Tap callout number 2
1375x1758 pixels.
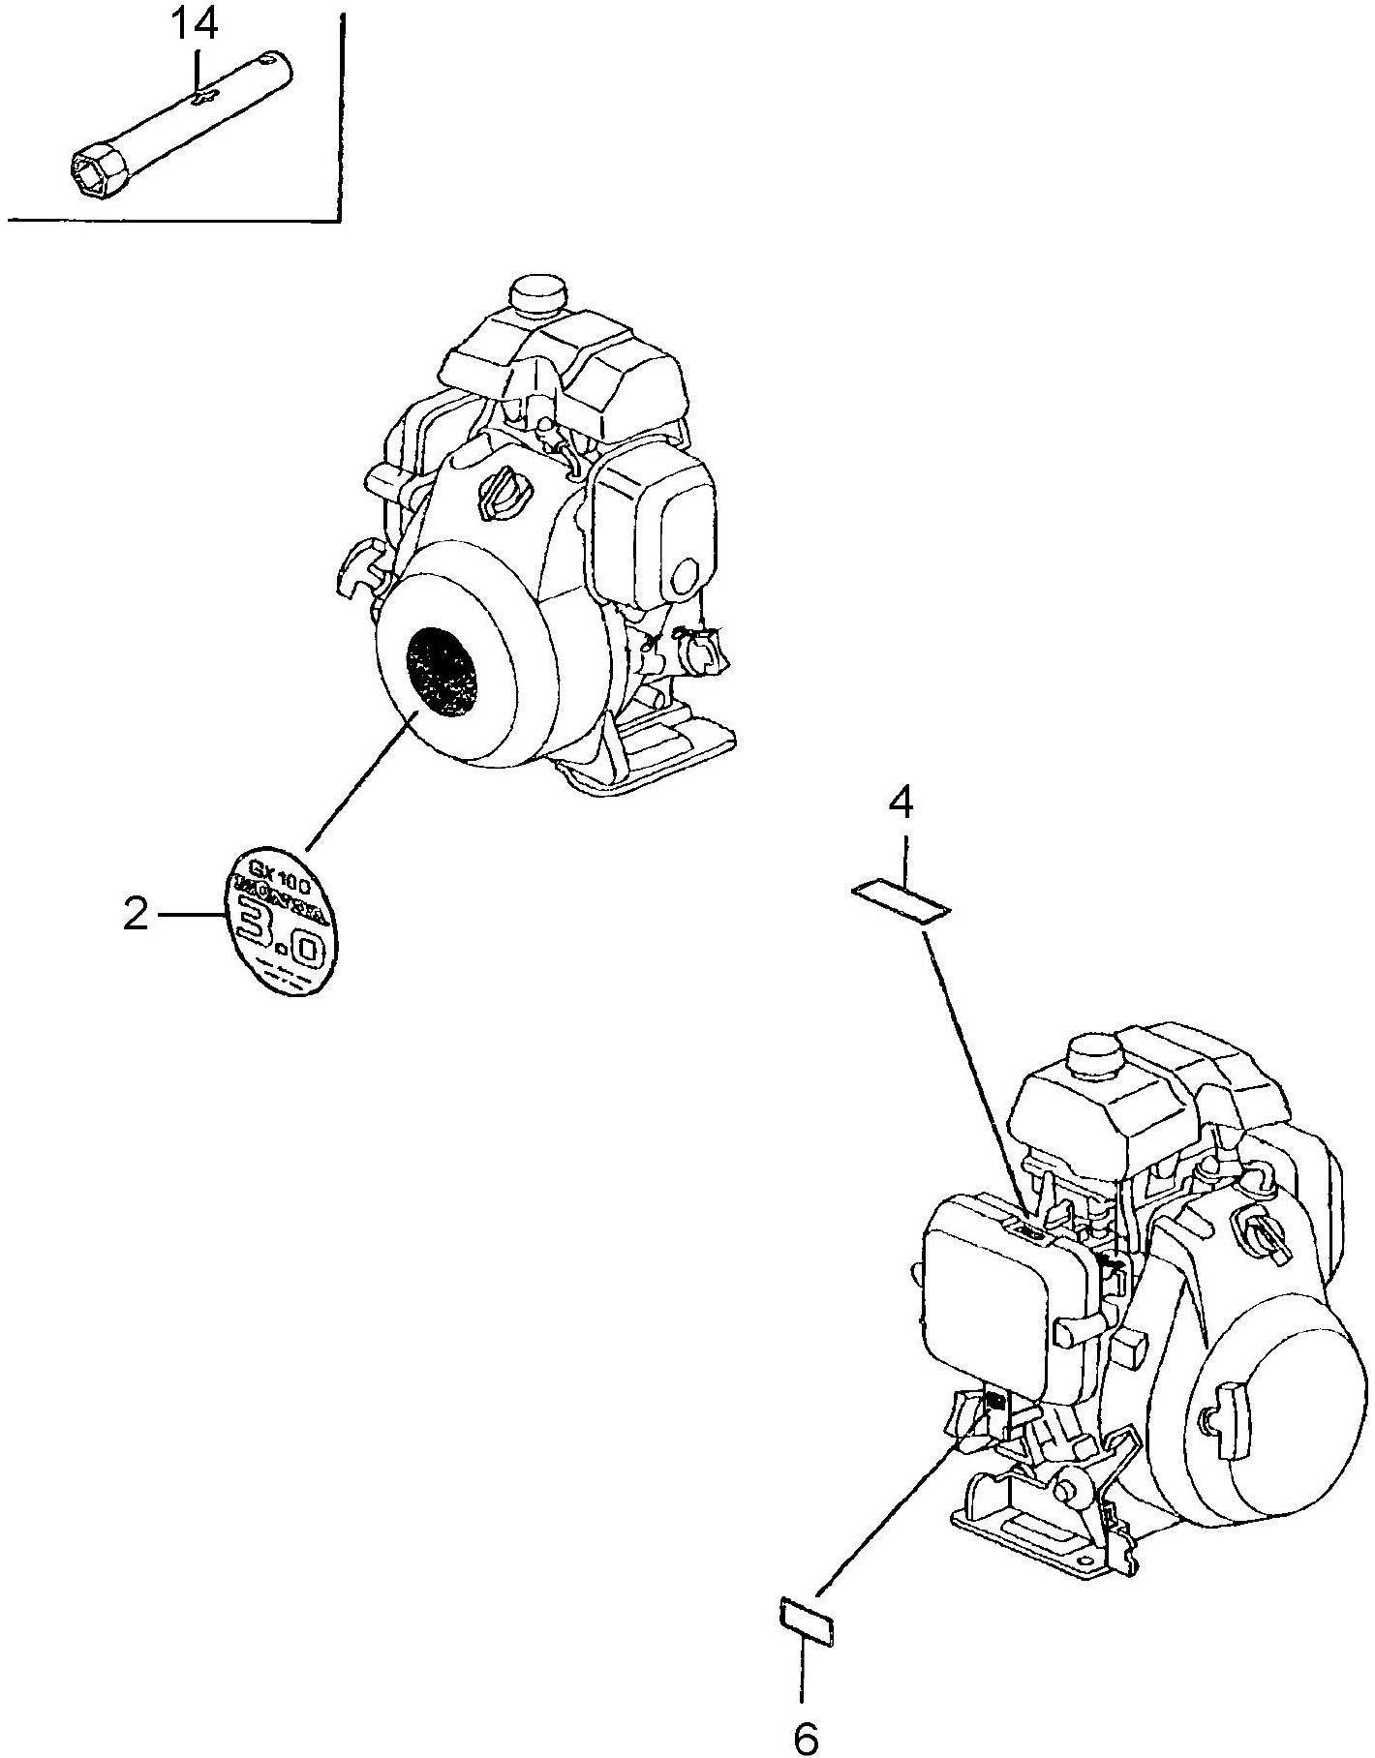tap(136, 915)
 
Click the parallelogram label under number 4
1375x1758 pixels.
tap(901, 900)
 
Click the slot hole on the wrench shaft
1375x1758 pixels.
tap(204, 96)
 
